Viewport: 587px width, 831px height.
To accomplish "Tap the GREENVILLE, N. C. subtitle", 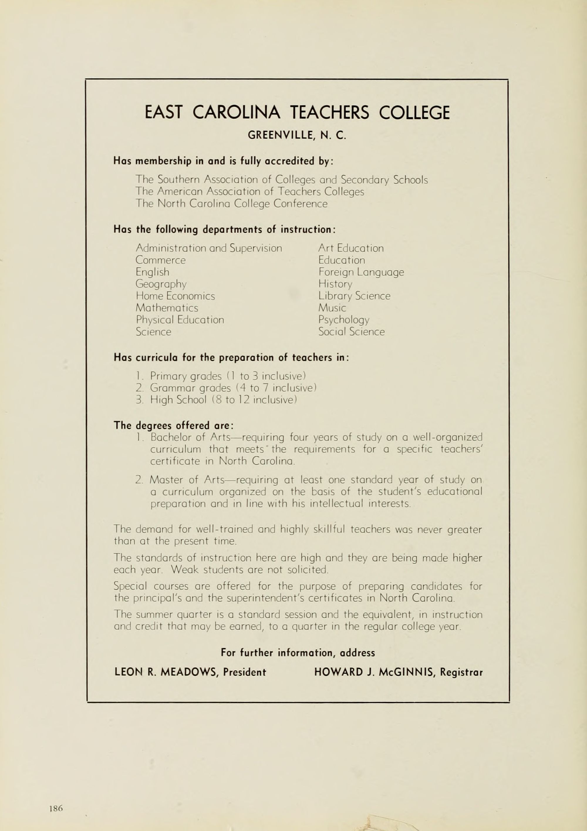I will (297, 135).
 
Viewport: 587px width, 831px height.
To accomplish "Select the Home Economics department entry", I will (176, 296).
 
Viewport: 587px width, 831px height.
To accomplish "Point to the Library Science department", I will (354, 296).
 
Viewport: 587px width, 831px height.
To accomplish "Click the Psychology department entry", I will (344, 320).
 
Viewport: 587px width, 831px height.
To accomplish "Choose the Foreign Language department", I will (361, 272).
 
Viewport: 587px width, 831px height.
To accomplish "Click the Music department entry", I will (332, 308).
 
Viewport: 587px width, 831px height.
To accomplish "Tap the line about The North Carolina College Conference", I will (232, 204).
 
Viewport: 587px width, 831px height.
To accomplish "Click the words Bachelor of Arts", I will (190, 438).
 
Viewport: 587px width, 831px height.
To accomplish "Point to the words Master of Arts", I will (187, 480).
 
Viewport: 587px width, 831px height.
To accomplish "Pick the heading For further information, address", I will (298, 653).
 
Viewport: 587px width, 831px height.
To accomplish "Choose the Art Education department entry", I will (351, 248).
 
